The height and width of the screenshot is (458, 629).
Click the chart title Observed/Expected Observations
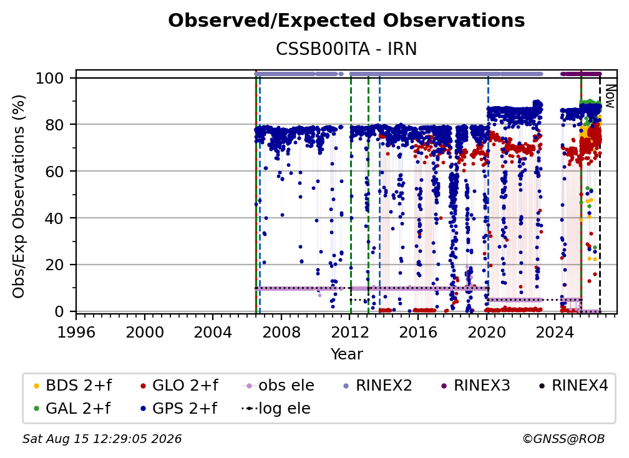346,21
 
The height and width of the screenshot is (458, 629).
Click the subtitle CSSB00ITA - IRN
346,49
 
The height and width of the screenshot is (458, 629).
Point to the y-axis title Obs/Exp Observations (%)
19,197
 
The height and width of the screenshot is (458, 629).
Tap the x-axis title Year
346,354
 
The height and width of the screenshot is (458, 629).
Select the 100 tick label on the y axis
50,78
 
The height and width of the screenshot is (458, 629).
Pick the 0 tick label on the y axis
59,311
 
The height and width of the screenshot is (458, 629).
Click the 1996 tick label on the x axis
76,333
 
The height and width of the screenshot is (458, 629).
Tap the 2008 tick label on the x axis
281,333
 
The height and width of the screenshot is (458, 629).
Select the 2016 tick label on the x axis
418,333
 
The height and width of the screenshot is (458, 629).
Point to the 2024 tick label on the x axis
555,333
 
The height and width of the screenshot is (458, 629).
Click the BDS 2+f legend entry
72,386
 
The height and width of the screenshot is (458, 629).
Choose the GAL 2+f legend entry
72,409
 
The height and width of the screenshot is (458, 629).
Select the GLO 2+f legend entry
179,386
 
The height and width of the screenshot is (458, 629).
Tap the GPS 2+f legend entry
178,409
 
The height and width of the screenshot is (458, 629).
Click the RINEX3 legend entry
475,386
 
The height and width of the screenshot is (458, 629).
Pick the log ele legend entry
276,409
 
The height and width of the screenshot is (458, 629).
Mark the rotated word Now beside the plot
610,96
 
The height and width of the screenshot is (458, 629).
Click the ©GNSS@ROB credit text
563,439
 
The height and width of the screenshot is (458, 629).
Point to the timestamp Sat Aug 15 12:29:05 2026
102,439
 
